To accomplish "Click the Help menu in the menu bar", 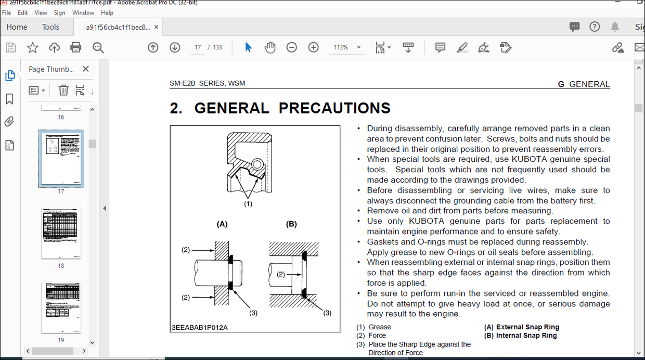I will point(107,12).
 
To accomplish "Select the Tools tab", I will point(50,27).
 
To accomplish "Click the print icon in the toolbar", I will point(76,47).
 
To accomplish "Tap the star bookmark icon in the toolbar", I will point(33,47).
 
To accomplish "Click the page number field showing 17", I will point(198,47).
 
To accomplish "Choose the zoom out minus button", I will point(292,47).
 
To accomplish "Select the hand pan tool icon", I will point(270,47).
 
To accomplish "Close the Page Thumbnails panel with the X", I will point(86,69).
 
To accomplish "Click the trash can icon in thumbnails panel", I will point(63,90).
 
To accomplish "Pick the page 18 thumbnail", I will point(61,233).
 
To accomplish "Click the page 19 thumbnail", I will point(61,307).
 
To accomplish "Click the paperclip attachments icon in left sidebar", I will point(9,122).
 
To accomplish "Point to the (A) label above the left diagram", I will point(222,224).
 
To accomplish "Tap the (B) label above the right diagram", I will point(291,224).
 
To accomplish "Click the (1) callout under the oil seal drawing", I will point(248,204).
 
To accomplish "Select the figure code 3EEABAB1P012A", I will point(200,327).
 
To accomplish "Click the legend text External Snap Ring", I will point(527,327).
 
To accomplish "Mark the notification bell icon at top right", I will point(615,27).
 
